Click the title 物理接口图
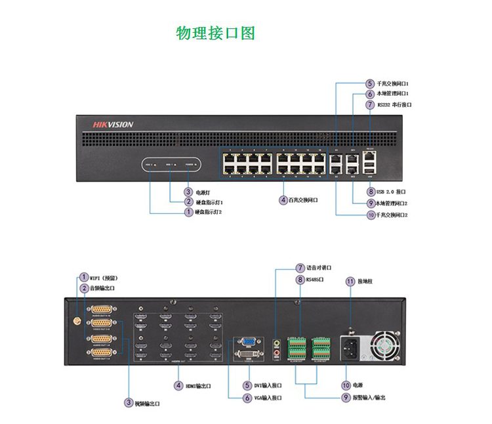coord(215,33)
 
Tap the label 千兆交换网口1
coord(392,84)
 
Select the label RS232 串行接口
coord(394,104)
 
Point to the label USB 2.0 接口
coord(392,192)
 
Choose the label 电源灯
coord(203,192)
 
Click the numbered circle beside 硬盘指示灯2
coord(188,212)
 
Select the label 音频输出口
coord(102,289)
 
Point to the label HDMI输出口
coord(197,386)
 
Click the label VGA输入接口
coord(268,398)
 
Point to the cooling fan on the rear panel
coord(384,346)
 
